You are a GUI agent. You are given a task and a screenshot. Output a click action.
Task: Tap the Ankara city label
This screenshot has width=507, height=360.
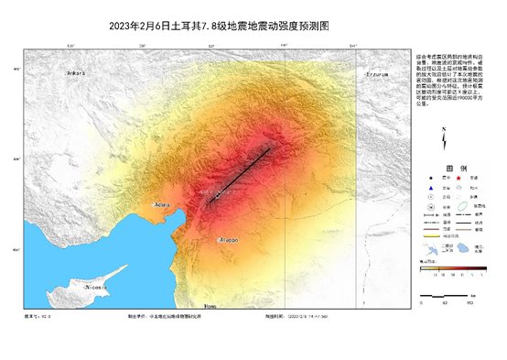click(x=75, y=72)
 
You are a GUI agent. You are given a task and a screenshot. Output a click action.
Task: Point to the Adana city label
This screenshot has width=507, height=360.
click(x=163, y=203)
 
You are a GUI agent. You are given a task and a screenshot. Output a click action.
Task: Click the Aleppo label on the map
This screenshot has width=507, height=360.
click(x=227, y=240)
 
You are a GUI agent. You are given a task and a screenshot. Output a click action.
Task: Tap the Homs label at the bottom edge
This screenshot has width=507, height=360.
click(x=210, y=306)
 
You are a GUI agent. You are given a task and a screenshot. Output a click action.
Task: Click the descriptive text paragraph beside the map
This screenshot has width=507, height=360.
click(x=454, y=78)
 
